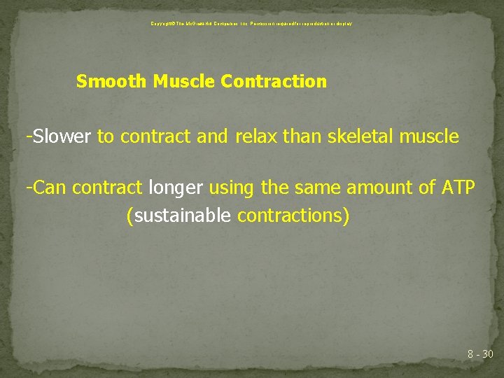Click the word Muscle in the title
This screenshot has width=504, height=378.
point(183,82)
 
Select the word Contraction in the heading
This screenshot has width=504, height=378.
point(274,82)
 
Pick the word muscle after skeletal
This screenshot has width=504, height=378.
point(429,136)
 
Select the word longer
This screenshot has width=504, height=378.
point(175,188)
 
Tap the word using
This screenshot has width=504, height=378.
point(232,188)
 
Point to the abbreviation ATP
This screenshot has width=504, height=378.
point(459,188)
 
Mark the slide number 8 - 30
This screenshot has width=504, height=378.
point(480,354)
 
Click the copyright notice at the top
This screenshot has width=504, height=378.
point(251,24)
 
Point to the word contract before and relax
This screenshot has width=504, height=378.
point(155,136)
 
